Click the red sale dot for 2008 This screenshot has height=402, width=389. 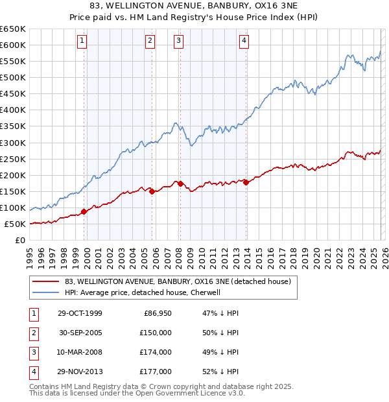[x=180, y=183]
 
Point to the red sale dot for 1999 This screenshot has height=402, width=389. [x=84, y=211]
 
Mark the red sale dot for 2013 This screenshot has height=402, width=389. [x=246, y=182]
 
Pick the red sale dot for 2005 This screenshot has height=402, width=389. [x=152, y=191]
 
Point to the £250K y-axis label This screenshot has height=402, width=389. [x=13, y=159]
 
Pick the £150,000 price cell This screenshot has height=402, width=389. [x=155, y=333]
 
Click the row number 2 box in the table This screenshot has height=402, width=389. [x=32, y=333]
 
